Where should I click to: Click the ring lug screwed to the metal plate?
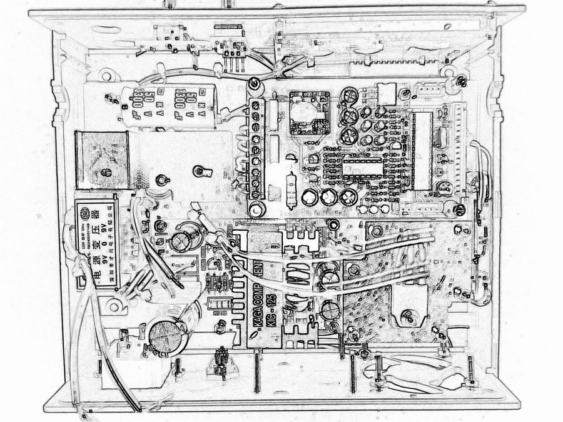pos(200,170)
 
